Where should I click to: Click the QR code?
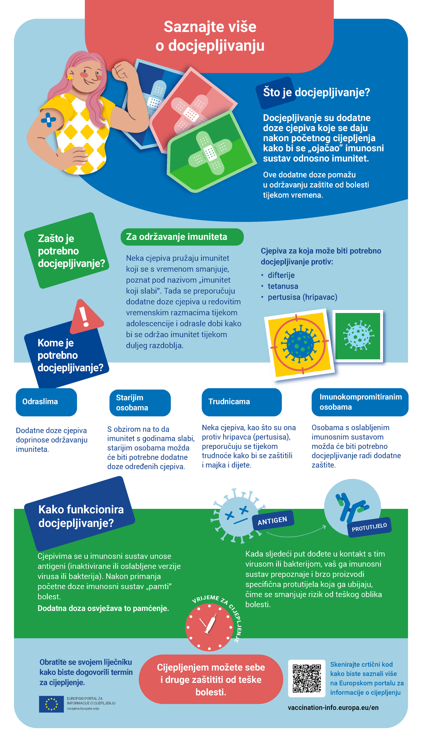[x=306, y=678]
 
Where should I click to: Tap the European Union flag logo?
[x=51, y=704]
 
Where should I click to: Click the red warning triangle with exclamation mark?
[x=86, y=317]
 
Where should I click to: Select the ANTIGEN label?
[x=272, y=521]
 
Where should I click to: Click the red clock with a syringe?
[x=209, y=627]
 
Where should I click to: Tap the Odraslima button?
[x=46, y=402]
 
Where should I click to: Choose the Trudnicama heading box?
[x=242, y=402]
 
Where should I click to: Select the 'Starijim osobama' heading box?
[x=140, y=403]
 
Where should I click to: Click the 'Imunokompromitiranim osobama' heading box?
[x=360, y=402]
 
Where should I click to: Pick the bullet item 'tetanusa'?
[x=283, y=286]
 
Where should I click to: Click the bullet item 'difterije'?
[x=281, y=275]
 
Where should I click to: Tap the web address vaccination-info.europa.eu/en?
[x=333, y=707]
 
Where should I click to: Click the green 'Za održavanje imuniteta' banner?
[x=182, y=237]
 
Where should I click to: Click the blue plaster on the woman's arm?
[x=48, y=119]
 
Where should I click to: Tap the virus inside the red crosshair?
[x=300, y=343]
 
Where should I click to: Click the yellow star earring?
[x=69, y=77]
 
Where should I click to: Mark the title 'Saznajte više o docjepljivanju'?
[x=210, y=36]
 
